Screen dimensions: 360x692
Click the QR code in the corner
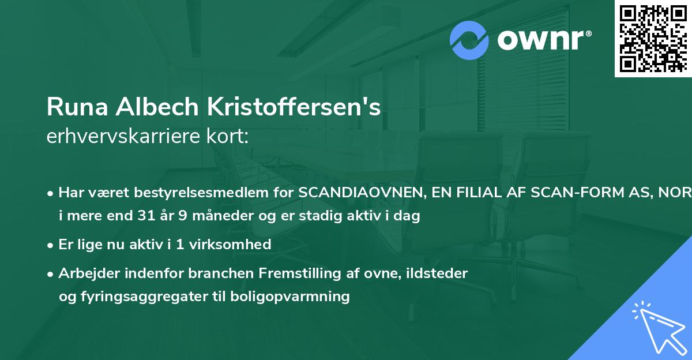click(653, 38)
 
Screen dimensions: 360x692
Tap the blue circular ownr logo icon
click(469, 40)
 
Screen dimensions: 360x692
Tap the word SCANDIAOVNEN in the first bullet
click(360, 193)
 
